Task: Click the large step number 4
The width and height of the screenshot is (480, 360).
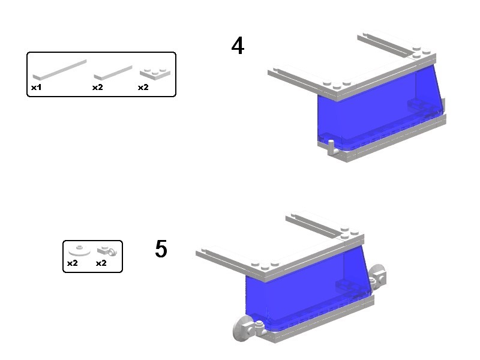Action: (x=238, y=46)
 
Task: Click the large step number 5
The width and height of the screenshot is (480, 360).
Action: (x=161, y=248)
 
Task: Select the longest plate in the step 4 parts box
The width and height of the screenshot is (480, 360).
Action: (x=59, y=70)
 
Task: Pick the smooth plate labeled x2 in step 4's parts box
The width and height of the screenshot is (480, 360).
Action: (x=113, y=73)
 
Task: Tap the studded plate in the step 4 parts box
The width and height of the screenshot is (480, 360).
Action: (x=155, y=73)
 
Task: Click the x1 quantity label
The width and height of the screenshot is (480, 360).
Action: (x=36, y=87)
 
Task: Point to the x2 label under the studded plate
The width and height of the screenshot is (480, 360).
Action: (x=143, y=87)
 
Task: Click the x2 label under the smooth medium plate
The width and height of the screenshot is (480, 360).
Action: (x=98, y=87)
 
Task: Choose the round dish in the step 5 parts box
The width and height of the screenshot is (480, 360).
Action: (x=79, y=250)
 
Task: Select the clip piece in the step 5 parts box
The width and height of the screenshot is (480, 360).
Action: (x=107, y=251)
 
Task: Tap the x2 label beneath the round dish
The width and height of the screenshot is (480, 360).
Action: (x=72, y=263)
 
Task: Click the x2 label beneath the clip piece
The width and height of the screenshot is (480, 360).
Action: (x=101, y=263)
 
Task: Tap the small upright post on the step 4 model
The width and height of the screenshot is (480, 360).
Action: (x=331, y=147)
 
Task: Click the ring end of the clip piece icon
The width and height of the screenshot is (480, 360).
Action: (x=112, y=252)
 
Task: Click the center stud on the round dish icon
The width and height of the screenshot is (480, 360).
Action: (x=79, y=247)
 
